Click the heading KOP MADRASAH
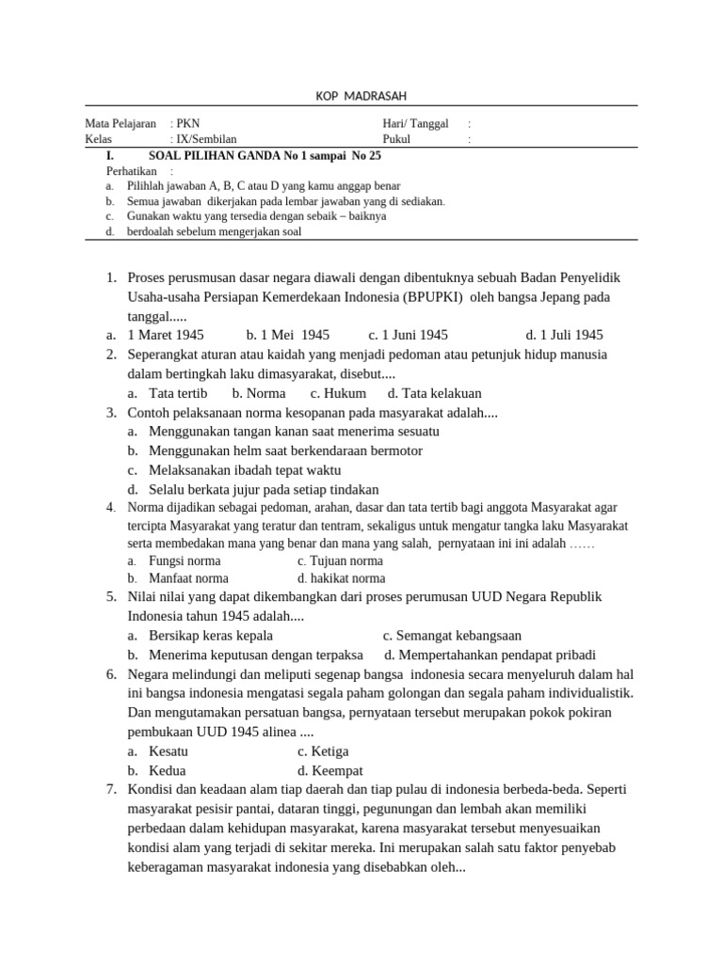(361, 97)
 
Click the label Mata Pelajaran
(120, 124)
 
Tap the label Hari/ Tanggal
(415, 124)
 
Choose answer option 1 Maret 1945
(166, 335)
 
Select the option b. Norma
(259, 393)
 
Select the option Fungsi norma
(185, 560)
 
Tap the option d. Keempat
(329, 770)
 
